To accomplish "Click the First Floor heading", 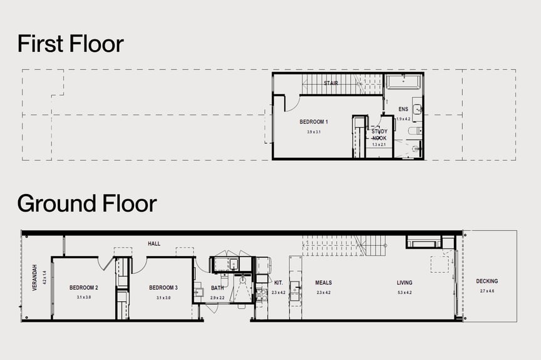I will [x=70, y=44].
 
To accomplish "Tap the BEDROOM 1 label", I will [x=314, y=121].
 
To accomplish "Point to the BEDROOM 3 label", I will [x=163, y=288].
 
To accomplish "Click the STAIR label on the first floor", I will [x=331, y=83].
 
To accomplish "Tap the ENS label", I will [x=403, y=108].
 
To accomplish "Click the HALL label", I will [x=154, y=243].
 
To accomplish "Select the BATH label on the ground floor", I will [x=217, y=288].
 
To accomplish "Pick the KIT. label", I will [x=279, y=283].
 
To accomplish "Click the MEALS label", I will [x=323, y=283].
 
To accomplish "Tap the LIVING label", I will [x=404, y=283].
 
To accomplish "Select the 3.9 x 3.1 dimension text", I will [x=314, y=132].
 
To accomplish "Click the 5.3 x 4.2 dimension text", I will [x=404, y=292].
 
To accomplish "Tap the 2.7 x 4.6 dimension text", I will [x=487, y=291].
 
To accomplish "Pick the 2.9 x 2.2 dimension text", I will [x=217, y=297].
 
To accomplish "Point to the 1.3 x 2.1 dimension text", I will [x=379, y=145].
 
